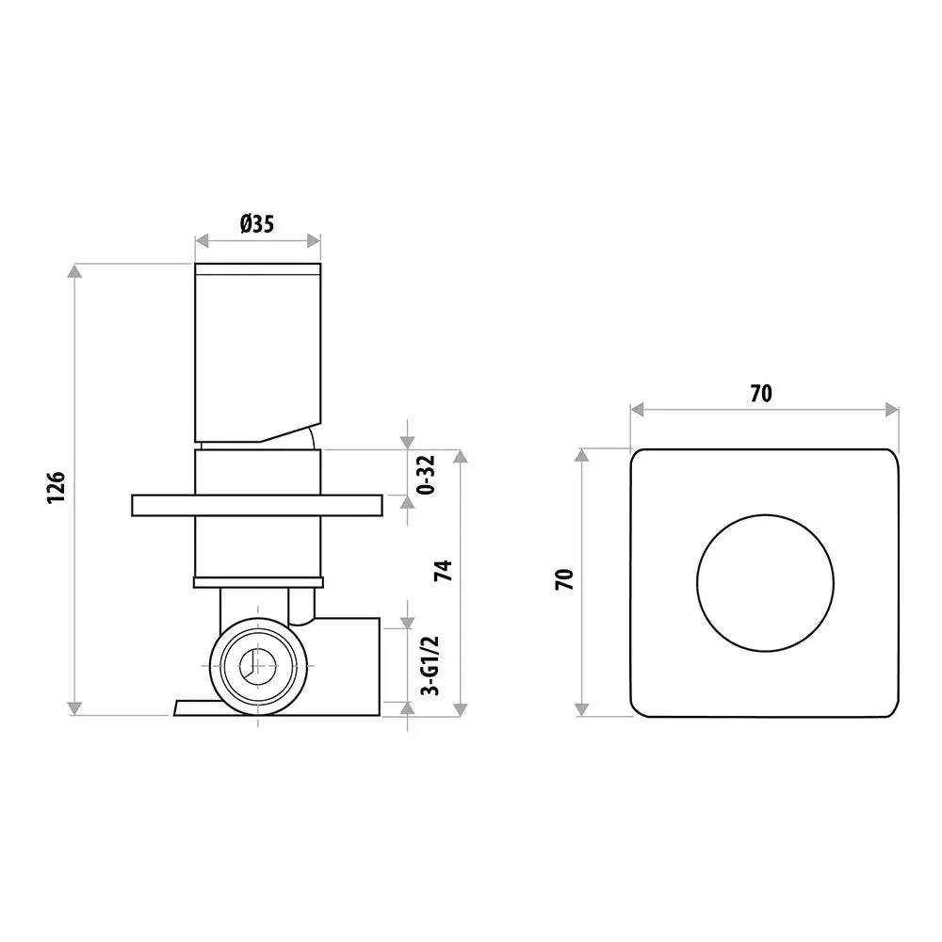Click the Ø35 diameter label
[x=256, y=224]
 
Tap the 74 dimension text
[x=443, y=570]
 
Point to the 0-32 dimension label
[x=427, y=475]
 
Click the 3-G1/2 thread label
[x=428, y=665]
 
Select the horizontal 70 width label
[x=761, y=394]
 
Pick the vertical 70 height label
[x=564, y=579]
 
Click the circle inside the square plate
[x=765, y=582]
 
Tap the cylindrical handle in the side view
[x=257, y=349]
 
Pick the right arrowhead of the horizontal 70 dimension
[x=891, y=409]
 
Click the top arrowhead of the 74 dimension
[x=460, y=458]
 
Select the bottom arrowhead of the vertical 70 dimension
[x=583, y=707]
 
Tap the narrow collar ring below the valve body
[x=257, y=581]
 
